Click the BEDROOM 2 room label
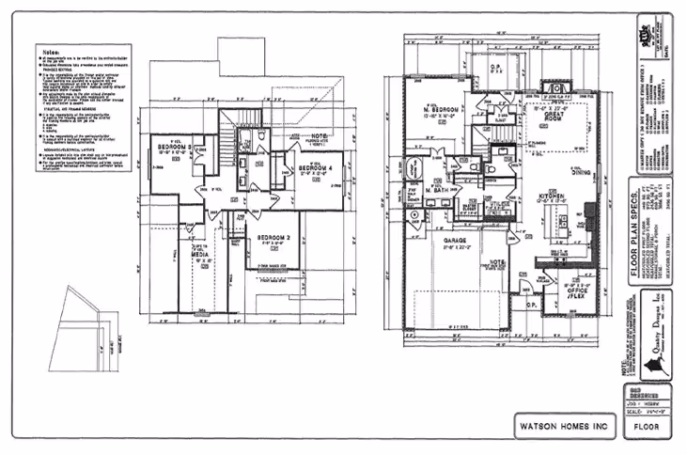pos(272,239)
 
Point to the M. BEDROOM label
pos(438,109)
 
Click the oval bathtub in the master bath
pos(415,217)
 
